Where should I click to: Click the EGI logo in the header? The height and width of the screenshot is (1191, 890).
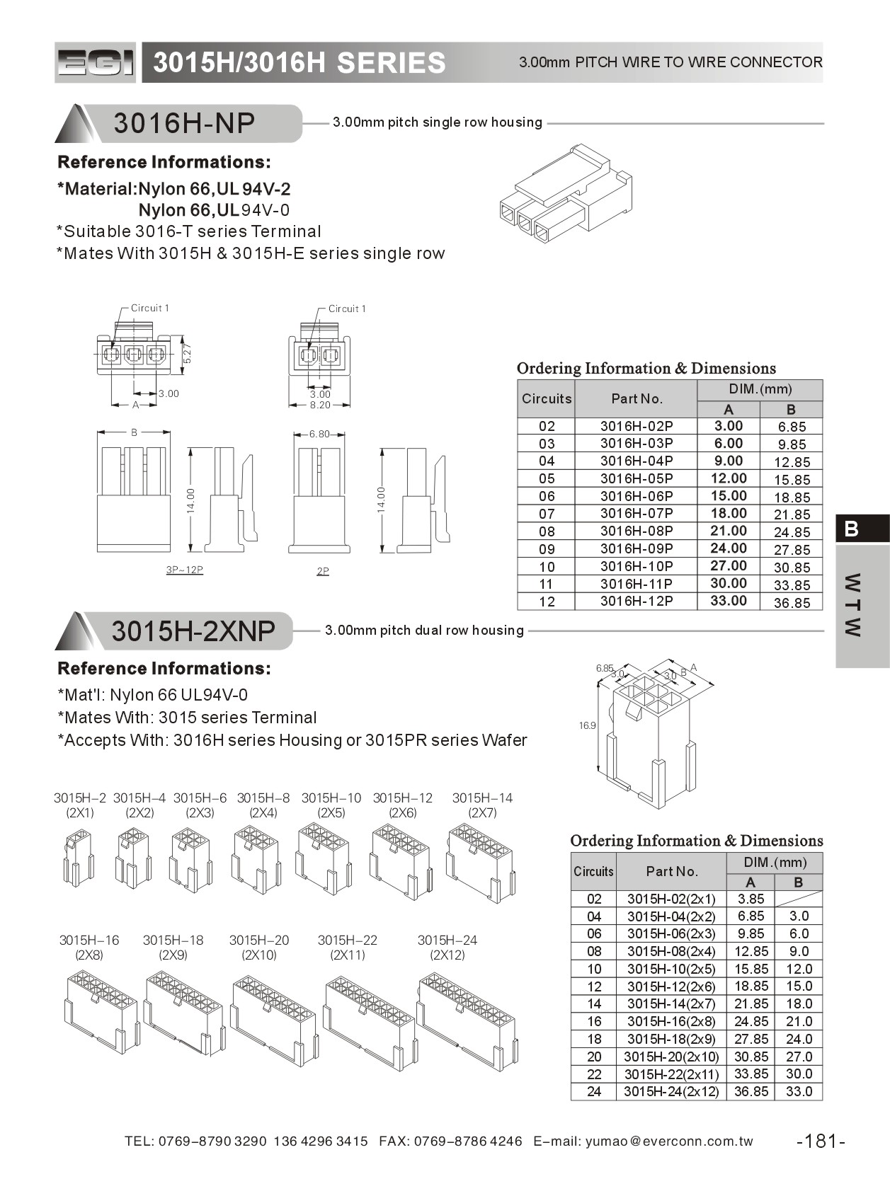click(x=95, y=63)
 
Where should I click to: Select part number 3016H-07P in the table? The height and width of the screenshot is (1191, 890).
click(x=636, y=513)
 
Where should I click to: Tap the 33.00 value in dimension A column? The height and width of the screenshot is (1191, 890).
click(x=729, y=600)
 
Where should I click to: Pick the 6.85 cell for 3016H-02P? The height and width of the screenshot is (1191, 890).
click(x=792, y=427)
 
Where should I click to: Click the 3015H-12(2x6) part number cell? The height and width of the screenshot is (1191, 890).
click(x=671, y=986)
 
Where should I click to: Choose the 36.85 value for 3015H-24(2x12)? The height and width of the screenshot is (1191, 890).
click(x=751, y=1091)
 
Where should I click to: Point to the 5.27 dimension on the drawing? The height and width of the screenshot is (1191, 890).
click(x=187, y=353)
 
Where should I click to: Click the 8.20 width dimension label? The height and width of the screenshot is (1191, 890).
click(x=320, y=405)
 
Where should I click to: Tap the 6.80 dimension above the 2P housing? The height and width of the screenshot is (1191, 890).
click(x=319, y=434)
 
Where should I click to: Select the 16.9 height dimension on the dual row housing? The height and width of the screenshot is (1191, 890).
click(x=587, y=725)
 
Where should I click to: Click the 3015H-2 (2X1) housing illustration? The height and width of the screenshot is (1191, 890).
click(x=79, y=858)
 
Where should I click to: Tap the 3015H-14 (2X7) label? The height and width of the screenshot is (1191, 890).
click(x=482, y=805)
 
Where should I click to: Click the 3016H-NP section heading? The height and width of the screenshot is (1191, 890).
click(x=184, y=123)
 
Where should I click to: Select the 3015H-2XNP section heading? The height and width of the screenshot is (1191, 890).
click(x=193, y=631)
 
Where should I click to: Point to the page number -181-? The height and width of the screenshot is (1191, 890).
click(x=821, y=1141)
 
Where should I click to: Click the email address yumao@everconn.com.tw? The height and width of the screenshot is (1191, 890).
click(x=669, y=1141)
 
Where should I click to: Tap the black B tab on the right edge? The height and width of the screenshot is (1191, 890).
click(x=861, y=529)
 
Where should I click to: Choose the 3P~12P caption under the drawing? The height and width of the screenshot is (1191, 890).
click(x=184, y=570)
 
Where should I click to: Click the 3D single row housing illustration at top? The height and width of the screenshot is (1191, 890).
click(x=565, y=193)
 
